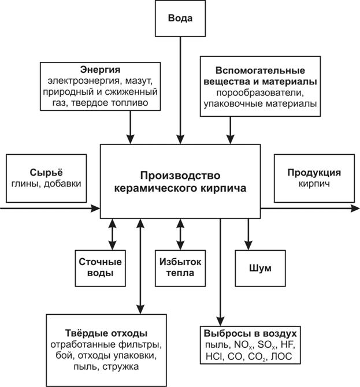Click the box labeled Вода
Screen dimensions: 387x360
(180, 18)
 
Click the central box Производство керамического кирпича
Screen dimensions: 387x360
(180, 181)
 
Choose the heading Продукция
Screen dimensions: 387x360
(314, 173)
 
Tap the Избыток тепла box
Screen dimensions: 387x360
(180, 267)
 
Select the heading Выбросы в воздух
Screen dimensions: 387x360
(250, 334)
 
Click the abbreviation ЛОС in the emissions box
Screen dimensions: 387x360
(281, 357)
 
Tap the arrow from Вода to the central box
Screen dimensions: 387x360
(180, 87)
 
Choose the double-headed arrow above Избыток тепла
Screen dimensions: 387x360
(180, 233)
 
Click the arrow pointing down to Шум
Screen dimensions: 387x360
(249, 233)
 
